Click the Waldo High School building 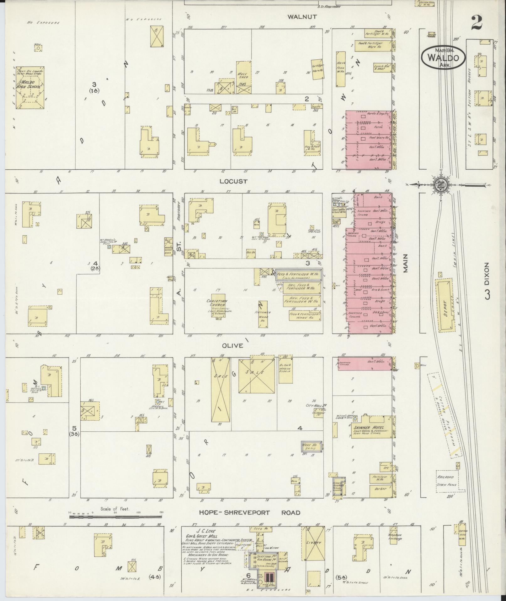point(30,88)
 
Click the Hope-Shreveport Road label point(250,512)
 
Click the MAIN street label point(405,263)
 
